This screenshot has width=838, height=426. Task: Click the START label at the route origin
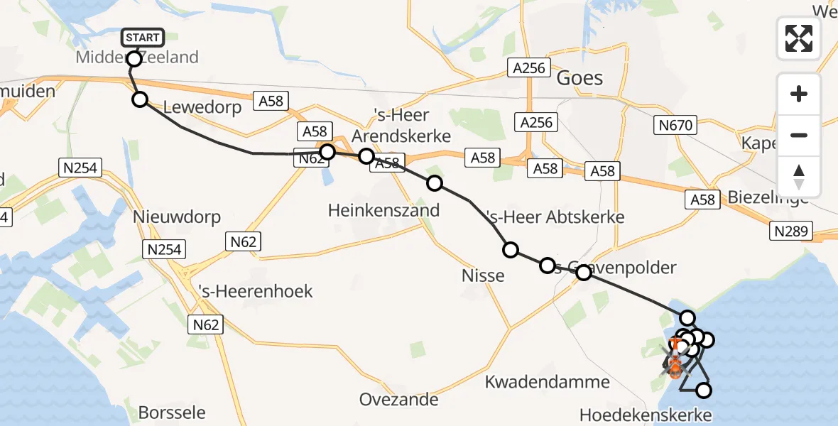click(143, 38)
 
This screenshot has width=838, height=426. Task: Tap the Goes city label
click(579, 77)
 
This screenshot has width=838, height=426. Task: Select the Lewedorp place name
click(202, 107)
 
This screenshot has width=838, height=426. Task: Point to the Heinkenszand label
click(383, 210)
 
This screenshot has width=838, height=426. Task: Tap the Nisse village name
click(483, 275)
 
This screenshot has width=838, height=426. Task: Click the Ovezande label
click(398, 399)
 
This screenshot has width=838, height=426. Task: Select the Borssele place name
click(172, 413)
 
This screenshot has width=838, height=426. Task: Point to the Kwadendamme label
click(547, 382)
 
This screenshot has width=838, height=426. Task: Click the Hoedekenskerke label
click(645, 414)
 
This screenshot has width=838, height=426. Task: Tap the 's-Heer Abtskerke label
click(554, 217)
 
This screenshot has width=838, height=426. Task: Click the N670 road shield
click(673, 126)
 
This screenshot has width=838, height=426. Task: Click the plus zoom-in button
click(799, 94)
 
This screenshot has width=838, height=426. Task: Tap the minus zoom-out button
click(799, 135)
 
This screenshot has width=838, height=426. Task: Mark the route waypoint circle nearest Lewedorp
click(140, 99)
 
